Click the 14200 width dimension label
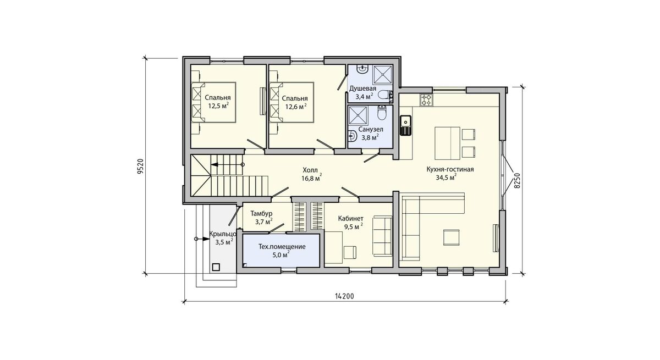tap(344, 296)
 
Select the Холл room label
tap(310, 170)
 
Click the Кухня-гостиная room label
tap(450, 169)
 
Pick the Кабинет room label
tap(351, 218)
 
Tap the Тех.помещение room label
tap(282, 247)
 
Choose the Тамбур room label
tap(261, 213)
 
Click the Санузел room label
tap(371, 129)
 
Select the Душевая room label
tap(362, 88)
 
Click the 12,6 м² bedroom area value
tap(296, 106)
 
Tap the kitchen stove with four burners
tap(426, 100)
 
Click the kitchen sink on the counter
tap(406, 125)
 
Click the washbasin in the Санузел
tap(352, 136)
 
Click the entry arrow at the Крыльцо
tap(203, 239)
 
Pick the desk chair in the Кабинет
tap(350, 252)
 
